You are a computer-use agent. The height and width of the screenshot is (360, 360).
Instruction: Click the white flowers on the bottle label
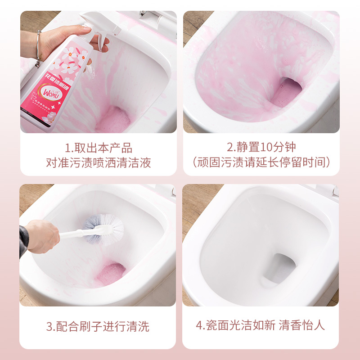72,61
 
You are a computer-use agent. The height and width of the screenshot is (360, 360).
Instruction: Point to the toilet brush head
107,227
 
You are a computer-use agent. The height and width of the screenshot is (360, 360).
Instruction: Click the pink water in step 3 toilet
111,272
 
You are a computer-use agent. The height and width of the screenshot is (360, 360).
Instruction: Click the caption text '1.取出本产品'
98,148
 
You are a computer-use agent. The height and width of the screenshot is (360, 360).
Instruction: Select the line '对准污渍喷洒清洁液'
98,162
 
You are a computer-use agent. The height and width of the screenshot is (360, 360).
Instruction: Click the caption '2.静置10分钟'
261,148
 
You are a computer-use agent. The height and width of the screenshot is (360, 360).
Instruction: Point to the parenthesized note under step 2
261,162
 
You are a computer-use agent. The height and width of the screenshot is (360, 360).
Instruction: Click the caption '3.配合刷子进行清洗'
98,326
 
